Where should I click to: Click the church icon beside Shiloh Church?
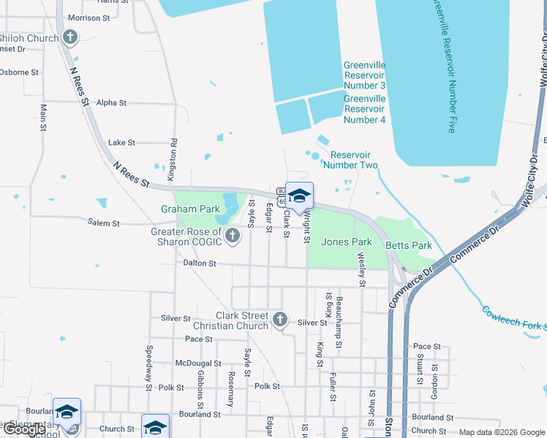click(x=70, y=37)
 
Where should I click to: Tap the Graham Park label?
click(x=190, y=209)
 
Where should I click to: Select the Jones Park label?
click(x=347, y=242)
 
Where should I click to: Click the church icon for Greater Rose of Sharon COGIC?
click(x=233, y=235)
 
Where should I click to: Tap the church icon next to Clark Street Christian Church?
click(x=280, y=319)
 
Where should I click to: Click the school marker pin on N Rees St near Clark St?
click(x=299, y=196)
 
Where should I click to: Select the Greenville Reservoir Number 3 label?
click(x=364, y=76)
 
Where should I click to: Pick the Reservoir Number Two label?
click(x=354, y=160)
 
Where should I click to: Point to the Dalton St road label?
click(x=200, y=263)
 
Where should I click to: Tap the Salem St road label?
click(x=103, y=223)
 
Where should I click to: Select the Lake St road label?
click(x=121, y=143)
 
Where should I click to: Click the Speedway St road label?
click(x=148, y=363)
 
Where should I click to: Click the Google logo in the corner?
click(x=24, y=429)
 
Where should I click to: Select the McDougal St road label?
click(x=198, y=363)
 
